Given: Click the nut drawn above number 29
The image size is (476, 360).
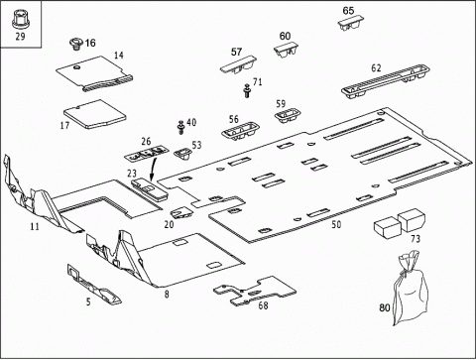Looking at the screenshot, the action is (21, 20).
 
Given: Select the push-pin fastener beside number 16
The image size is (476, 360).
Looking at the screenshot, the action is (76, 45).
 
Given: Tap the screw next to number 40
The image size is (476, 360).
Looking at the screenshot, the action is (180, 127).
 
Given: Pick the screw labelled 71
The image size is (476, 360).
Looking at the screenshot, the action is (247, 90).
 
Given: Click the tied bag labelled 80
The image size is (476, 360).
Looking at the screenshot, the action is (410, 288).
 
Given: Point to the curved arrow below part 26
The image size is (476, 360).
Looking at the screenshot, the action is (154, 169).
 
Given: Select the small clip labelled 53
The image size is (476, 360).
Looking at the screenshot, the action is (183, 154).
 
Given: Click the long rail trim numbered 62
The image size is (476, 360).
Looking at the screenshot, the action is (386, 81).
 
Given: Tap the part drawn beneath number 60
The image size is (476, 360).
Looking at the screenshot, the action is (286, 51).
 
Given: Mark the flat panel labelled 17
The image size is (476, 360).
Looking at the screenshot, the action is (95, 114).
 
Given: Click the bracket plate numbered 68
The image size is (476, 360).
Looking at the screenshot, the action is (255, 291).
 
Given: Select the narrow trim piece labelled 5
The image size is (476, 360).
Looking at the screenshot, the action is (94, 285).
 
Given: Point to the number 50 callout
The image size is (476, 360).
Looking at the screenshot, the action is (336, 224).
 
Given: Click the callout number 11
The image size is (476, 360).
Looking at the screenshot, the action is (35, 226).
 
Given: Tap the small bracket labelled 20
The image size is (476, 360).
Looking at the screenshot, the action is (181, 213).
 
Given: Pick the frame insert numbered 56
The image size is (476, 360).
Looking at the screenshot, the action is (240, 131).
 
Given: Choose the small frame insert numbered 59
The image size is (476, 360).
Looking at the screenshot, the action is (288, 115).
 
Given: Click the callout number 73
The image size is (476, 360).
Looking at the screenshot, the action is (416, 239).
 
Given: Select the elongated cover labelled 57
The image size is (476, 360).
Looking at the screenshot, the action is (238, 64).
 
